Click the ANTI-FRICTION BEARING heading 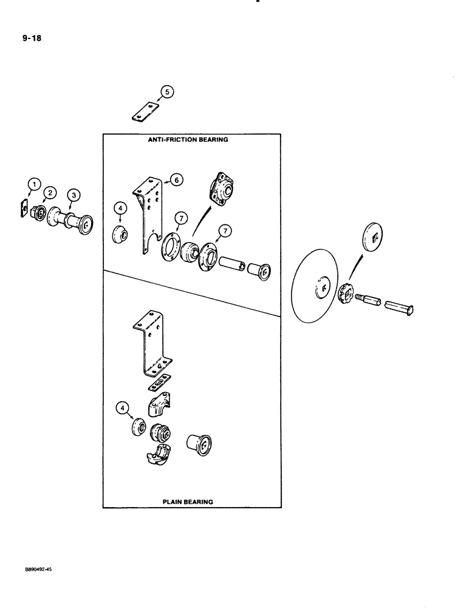[x=188, y=139]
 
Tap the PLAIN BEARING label [x=187, y=502]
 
